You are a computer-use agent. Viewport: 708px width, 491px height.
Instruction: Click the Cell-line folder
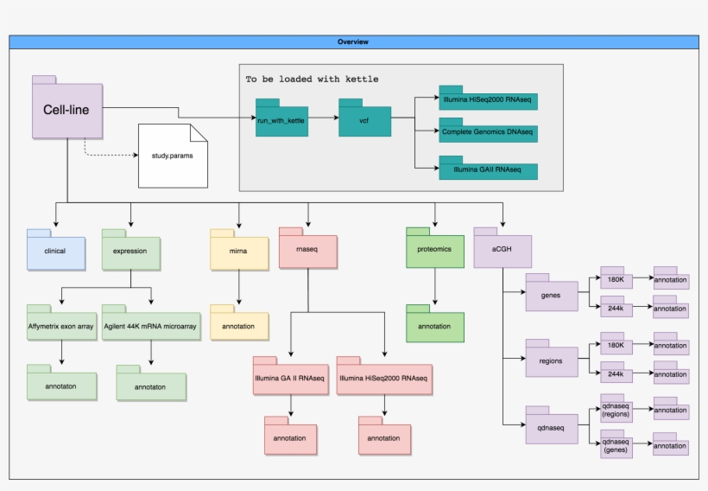tap(67, 110)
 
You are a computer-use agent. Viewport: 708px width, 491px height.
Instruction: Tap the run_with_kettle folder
tap(281, 119)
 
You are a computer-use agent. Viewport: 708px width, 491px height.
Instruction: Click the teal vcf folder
tap(364, 119)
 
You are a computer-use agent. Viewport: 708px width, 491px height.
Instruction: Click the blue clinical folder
tap(55, 250)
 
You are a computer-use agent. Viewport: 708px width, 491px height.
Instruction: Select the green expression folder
tap(130, 250)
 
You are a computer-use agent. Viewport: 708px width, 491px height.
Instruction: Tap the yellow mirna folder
tap(238, 250)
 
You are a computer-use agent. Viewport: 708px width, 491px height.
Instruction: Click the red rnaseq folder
tap(307, 250)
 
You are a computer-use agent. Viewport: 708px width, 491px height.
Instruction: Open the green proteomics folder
tap(435, 250)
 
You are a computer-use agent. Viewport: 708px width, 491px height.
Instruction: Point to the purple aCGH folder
tap(502, 250)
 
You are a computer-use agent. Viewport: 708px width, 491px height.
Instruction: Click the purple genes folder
tap(551, 295)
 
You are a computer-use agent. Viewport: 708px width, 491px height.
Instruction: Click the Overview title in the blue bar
tap(353, 41)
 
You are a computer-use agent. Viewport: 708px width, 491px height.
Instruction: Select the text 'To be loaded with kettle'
tap(312, 79)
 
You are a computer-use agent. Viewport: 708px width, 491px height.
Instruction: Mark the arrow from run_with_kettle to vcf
tap(322, 119)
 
